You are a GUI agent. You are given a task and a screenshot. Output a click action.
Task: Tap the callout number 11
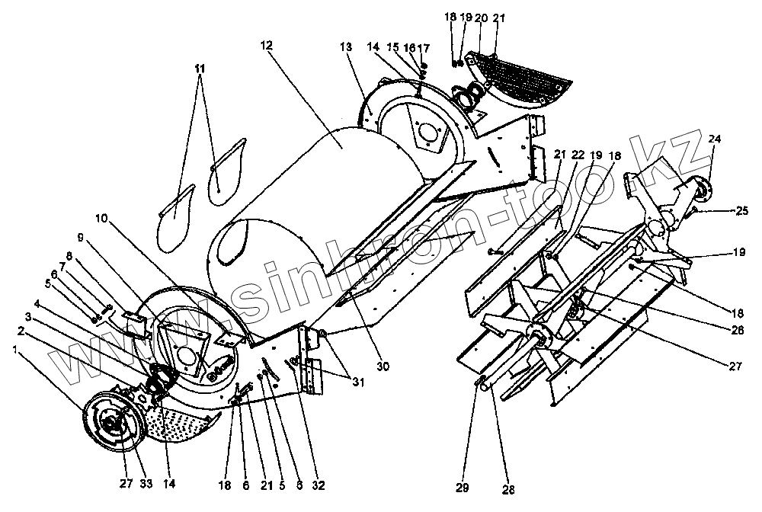tap(200, 69)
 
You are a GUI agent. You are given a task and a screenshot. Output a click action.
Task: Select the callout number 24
tap(714, 139)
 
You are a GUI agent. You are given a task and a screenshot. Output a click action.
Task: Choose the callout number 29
tap(463, 487)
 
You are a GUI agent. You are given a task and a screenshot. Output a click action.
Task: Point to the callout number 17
tap(424, 48)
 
